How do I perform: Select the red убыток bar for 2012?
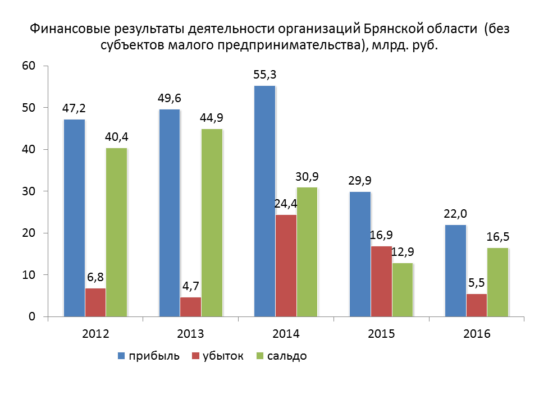coord(95,302)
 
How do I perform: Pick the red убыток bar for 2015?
coord(382,281)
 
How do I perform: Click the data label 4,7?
coord(190,286)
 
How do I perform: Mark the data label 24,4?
coord(286,204)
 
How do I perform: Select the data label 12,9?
coord(403,252)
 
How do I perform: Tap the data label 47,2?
coord(74,108)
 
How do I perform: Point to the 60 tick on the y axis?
coord(29,66)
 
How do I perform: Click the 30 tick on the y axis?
coord(29,191)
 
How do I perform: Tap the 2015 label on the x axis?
coord(382,334)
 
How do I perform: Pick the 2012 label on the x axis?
coord(95,334)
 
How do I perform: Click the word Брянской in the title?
coord(391,29)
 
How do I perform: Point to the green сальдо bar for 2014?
coord(307,252)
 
